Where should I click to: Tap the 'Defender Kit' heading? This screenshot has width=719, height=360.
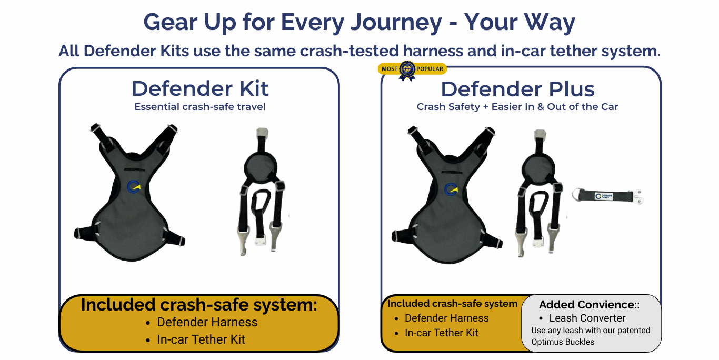pyautogui.click(x=200, y=88)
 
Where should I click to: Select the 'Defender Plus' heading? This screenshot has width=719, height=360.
pyautogui.click(x=517, y=89)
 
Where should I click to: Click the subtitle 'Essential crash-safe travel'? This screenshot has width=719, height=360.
pyautogui.click(x=200, y=106)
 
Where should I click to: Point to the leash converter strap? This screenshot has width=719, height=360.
pyautogui.click(x=607, y=196)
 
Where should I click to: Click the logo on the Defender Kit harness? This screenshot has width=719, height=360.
pyautogui.click(x=134, y=187)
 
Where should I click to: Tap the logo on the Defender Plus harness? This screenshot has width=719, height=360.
pyautogui.click(x=451, y=189)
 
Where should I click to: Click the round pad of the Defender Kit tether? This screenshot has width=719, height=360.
pyautogui.click(x=261, y=168)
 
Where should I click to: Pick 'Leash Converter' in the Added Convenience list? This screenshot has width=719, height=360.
pyautogui.click(x=587, y=318)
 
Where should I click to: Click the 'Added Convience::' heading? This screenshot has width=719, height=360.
pyautogui.click(x=589, y=305)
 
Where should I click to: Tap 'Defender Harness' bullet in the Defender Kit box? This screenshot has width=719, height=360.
pyautogui.click(x=207, y=322)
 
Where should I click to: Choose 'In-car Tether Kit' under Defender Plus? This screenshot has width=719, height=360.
pyautogui.click(x=442, y=333)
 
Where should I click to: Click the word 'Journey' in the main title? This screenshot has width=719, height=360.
pyautogui.click(x=396, y=23)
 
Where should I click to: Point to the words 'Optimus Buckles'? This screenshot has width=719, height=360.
pyautogui.click(x=563, y=342)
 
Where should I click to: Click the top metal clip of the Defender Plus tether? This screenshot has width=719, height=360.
pyautogui.click(x=540, y=135)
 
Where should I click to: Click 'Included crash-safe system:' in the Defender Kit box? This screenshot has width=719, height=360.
pyautogui.click(x=199, y=305)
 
